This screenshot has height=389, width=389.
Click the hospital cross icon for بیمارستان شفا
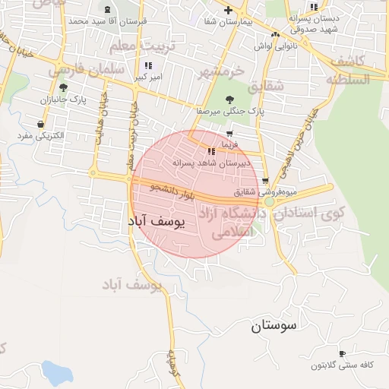point(228,10)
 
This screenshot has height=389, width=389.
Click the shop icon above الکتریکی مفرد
point(40,124)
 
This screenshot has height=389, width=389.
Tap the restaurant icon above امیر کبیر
point(149,65)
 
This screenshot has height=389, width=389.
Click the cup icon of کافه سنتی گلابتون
point(342,353)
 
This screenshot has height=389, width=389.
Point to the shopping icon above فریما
point(229,133)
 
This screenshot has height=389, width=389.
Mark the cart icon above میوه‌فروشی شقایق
point(264,181)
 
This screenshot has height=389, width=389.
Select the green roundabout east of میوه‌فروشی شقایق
point(270,202)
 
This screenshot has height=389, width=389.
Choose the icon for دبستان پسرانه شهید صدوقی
point(314,7)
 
